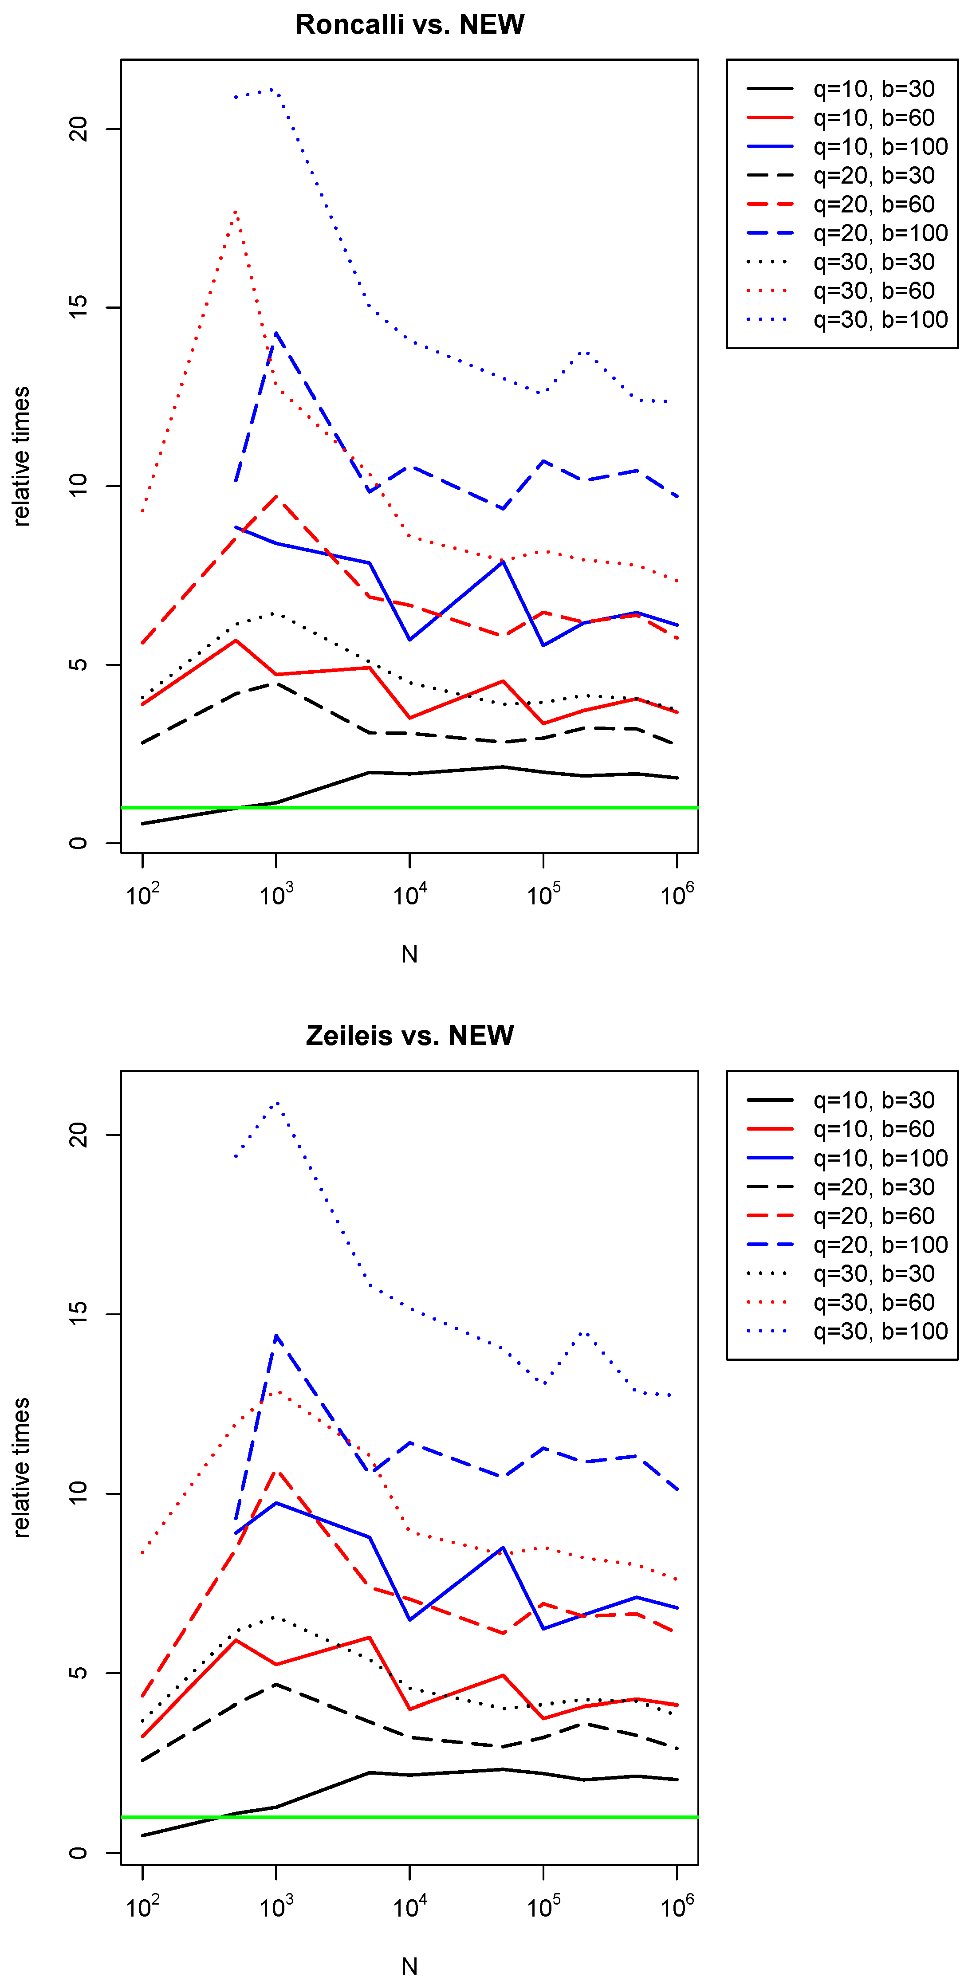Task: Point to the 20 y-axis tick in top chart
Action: (x=79, y=129)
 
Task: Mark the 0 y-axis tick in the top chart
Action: (x=79, y=843)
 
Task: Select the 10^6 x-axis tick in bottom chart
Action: (x=677, y=1907)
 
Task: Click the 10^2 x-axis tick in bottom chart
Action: (x=143, y=1907)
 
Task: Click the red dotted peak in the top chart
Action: (x=236, y=211)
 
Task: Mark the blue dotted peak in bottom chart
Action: (x=276, y=1102)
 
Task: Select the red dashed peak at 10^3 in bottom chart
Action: (x=276, y=1470)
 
